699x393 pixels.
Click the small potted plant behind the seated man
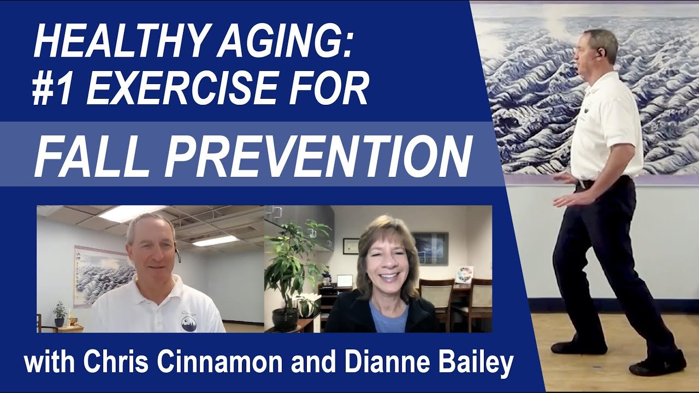[60, 313]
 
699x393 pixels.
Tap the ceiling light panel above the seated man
[133, 213]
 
